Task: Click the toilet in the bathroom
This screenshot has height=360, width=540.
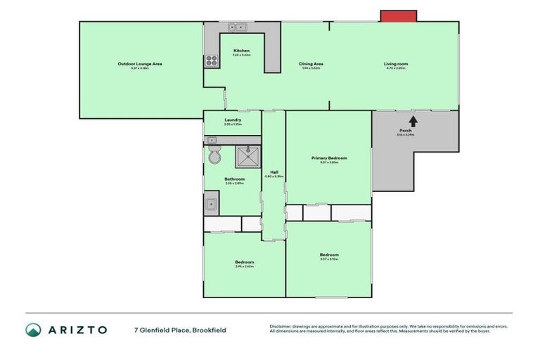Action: click(x=214, y=155)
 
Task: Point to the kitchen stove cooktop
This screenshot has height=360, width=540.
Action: click(x=211, y=62)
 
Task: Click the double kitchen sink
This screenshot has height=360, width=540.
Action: click(x=237, y=27)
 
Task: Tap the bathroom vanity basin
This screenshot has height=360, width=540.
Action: click(x=211, y=204)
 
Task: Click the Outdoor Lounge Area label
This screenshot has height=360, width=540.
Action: click(x=140, y=64)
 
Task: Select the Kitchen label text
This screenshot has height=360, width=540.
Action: click(x=241, y=51)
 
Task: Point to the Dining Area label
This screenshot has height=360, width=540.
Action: click(x=311, y=64)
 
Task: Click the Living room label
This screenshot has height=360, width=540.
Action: click(x=396, y=64)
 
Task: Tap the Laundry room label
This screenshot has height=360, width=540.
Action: click(x=233, y=120)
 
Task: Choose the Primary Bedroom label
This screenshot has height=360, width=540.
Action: click(x=329, y=158)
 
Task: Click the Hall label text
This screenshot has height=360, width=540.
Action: click(x=274, y=172)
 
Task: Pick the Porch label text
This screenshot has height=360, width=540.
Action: click(x=405, y=131)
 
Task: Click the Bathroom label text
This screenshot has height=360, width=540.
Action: click(x=234, y=179)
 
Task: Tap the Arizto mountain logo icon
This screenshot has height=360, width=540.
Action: click(x=33, y=330)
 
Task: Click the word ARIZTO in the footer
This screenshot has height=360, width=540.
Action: click(x=77, y=330)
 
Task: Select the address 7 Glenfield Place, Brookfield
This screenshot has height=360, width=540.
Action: click(x=181, y=330)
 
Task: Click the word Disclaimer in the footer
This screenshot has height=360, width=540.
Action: click(x=281, y=327)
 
